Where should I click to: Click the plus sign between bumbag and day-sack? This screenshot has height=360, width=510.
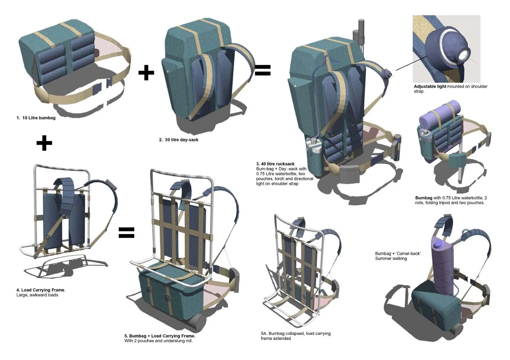146,73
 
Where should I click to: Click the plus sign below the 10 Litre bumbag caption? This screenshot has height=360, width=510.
44,143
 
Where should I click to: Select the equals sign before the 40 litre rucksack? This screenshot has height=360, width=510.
263,70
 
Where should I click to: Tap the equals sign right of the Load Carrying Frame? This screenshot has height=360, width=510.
126,233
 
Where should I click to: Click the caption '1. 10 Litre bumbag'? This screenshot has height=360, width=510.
36,118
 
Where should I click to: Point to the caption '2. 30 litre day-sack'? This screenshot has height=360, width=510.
178,140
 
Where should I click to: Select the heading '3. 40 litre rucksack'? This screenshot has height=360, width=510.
275,164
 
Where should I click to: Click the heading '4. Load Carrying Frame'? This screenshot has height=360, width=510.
40,290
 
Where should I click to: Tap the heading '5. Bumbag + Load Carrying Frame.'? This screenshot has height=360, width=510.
160,336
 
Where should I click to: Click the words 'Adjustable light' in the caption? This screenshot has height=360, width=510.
430,87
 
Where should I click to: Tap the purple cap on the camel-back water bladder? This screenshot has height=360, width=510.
439,243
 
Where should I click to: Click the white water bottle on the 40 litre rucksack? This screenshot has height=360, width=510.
313,147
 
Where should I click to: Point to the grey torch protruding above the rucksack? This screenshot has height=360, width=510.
361,31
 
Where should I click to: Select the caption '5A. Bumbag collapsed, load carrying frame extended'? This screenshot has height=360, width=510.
295,336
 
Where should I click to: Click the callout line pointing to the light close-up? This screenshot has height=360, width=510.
411,63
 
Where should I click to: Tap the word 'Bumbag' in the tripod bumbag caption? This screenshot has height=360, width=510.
423,198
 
